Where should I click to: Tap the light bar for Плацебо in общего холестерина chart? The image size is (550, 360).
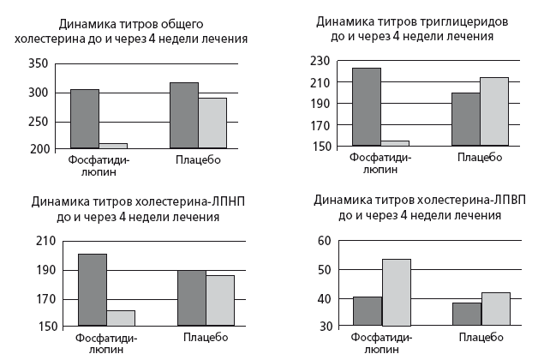tap(212, 123)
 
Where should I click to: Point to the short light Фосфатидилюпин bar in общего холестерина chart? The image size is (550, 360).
tap(112, 146)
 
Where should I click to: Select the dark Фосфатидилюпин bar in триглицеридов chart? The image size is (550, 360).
tap(367, 106)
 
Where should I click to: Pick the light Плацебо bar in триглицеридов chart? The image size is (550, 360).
tap(493, 111)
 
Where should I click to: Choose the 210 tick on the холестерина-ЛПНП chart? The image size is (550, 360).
tap(45, 242)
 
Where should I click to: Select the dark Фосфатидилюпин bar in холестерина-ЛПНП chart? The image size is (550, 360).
tap(93, 290)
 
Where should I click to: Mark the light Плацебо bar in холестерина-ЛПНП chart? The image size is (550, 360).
tap(219, 300)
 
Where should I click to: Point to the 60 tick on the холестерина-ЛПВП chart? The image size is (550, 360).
tap(323, 242)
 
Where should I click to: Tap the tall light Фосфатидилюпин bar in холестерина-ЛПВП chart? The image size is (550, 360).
tap(397, 292)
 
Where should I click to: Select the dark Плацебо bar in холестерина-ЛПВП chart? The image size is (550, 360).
tap(466, 314)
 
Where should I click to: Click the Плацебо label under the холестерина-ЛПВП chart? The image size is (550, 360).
tap(480, 337)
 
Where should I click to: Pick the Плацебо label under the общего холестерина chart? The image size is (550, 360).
tap(198, 159)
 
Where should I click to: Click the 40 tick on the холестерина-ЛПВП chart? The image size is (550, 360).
tap(323, 298)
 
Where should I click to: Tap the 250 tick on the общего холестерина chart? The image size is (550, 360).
tap(39, 121)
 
